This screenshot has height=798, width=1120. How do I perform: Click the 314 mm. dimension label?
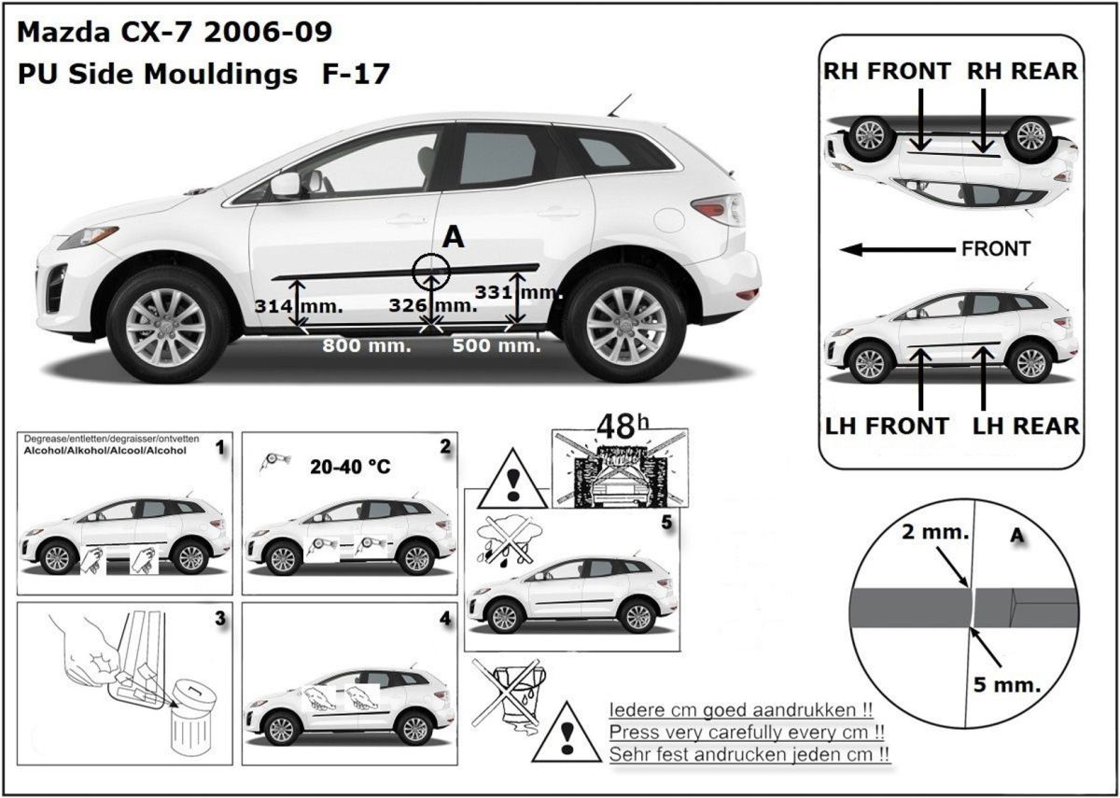pos(299,306)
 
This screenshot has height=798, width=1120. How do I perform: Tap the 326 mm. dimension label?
pos(433,305)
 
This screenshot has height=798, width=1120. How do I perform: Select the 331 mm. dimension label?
pos(517,292)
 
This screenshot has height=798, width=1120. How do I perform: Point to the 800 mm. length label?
pos(367,345)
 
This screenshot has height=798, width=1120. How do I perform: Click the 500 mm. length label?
pos(497,345)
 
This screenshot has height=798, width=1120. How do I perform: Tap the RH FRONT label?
pos(887,71)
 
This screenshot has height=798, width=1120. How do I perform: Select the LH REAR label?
pos(1026,426)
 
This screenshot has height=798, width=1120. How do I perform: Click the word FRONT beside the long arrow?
pos(996,248)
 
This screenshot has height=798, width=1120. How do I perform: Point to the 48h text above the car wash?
pos(623,427)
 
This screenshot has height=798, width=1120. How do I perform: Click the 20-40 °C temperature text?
pos(350,467)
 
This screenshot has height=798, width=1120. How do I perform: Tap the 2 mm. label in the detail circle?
pos(935,532)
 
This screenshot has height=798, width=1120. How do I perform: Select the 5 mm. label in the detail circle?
pos(1007,684)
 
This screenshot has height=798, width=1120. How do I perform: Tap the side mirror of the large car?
pos(286,185)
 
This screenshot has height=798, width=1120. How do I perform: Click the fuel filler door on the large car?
pos(669,219)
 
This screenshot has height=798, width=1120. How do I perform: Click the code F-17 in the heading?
pos(356,74)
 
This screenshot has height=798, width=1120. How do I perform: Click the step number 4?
pos(445,619)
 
